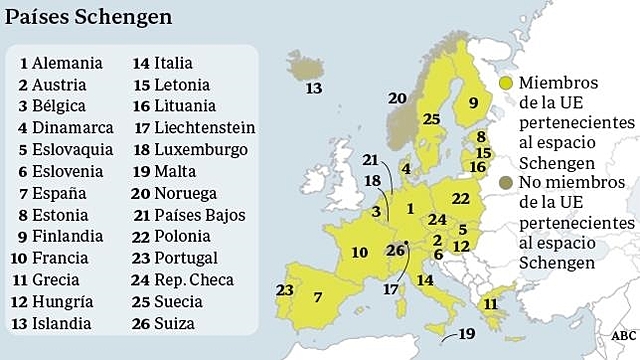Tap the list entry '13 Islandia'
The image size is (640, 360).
tap(55, 323)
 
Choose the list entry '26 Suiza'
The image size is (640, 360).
tap(163, 323)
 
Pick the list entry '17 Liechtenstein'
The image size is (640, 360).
tap(194, 128)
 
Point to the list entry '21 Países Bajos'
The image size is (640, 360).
tap(188, 215)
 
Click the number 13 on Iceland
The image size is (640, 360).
tap(314, 89)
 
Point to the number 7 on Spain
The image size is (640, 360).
tap(317, 297)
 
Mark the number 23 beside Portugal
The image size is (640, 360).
tap(285, 290)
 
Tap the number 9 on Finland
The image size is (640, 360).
tap(473, 101)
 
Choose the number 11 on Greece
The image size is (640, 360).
tap(490, 303)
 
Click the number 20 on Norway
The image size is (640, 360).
tap(397, 98)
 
